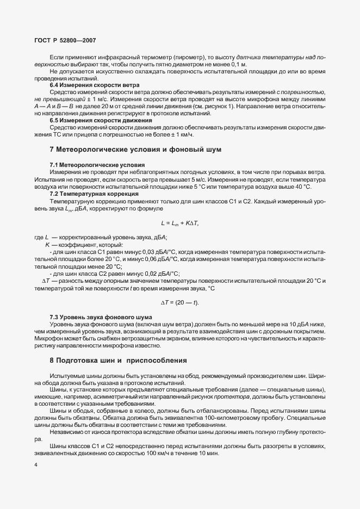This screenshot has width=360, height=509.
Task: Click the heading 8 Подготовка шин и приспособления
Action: point(118,360)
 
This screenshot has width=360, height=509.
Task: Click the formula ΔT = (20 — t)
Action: point(180,302)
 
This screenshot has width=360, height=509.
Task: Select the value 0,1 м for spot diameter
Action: point(238,64)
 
